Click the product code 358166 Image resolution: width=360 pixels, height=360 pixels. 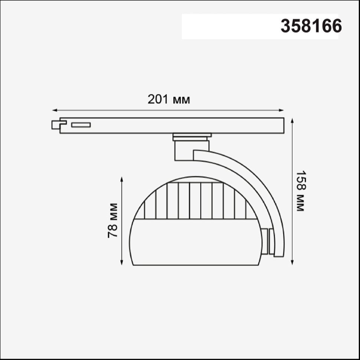click(x=311, y=26)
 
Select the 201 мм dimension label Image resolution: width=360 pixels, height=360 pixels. click(x=169, y=99)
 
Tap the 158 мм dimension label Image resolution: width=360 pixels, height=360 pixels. click(x=300, y=191)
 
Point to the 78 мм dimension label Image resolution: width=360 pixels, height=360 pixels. click(x=112, y=220)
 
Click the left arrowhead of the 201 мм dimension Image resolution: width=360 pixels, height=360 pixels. click(x=55, y=111)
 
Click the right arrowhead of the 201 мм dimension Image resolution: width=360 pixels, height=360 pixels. click(x=281, y=111)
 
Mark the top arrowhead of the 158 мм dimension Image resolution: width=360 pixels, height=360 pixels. click(x=292, y=121)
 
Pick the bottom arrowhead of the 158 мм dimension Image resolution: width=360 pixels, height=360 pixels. click(x=292, y=263)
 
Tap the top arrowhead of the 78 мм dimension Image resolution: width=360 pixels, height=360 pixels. click(x=122, y=179)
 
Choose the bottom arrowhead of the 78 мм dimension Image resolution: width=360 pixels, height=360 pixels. click(x=122, y=263)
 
